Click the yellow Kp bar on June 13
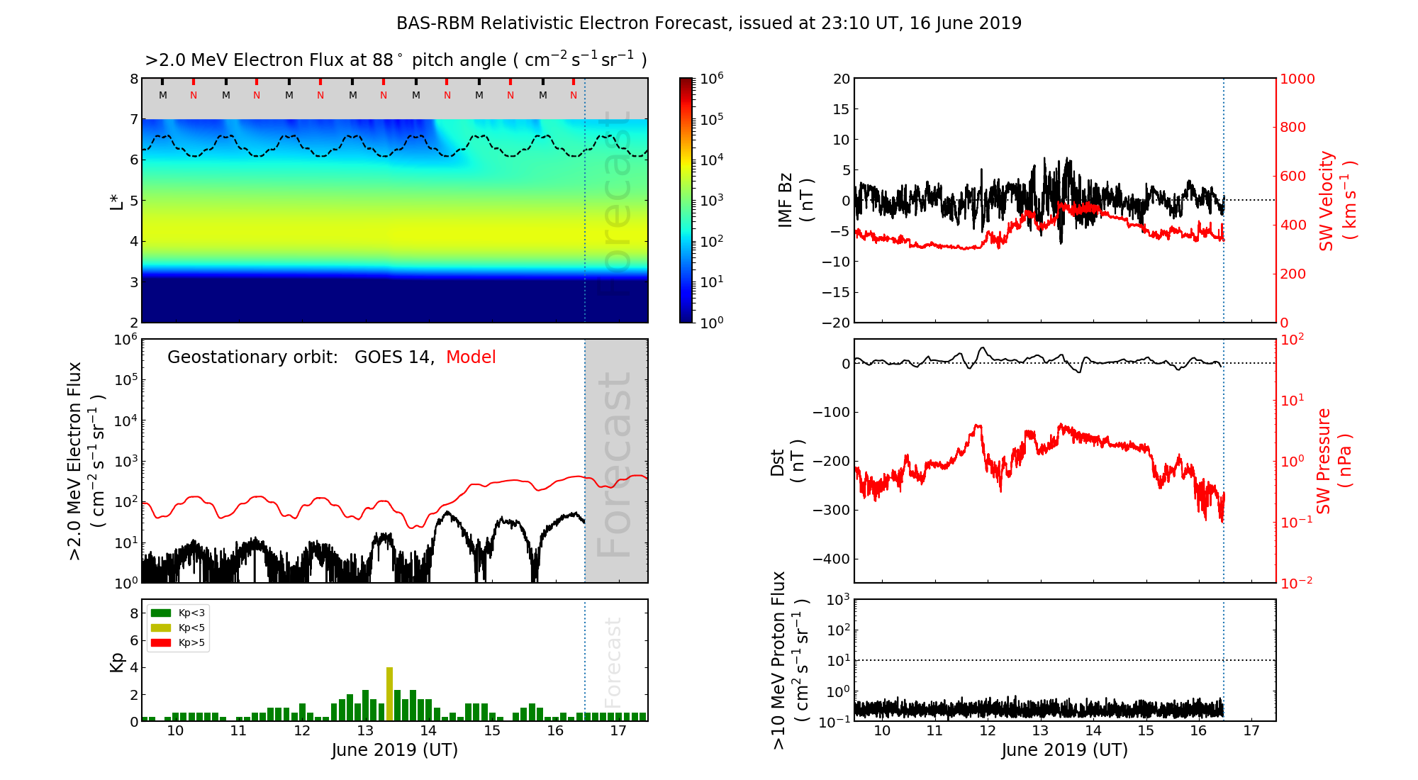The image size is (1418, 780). click(389, 694)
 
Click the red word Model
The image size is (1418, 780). click(471, 357)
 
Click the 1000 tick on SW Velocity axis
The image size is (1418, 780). click(1297, 79)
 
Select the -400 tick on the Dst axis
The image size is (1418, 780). click(834, 559)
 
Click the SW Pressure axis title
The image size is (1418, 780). click(1334, 461)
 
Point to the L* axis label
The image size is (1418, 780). click(117, 200)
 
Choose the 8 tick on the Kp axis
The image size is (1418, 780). click(133, 613)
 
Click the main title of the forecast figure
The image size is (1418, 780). click(709, 23)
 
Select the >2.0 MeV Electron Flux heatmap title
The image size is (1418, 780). click(396, 60)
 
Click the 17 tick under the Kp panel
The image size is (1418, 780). click(618, 732)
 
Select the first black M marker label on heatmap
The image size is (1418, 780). click(163, 95)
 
